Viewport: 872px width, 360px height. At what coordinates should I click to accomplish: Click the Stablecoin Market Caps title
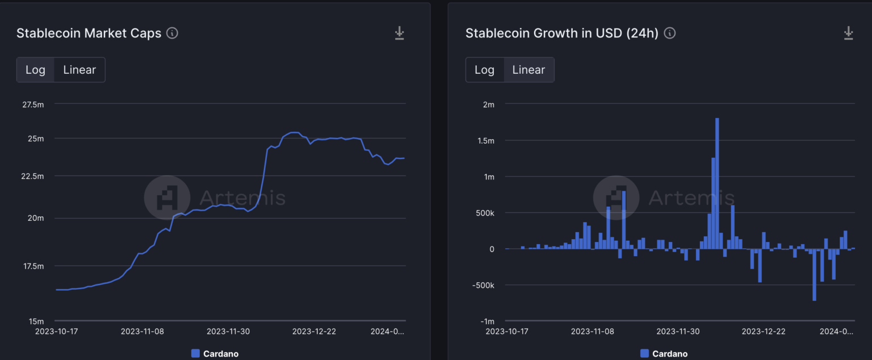[89, 33]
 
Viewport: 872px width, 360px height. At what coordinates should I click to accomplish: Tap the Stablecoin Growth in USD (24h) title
[561, 33]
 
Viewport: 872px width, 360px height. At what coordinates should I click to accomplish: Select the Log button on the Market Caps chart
[35, 70]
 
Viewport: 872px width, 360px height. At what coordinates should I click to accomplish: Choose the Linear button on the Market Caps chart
[79, 70]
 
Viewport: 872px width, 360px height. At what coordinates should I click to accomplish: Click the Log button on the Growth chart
[484, 70]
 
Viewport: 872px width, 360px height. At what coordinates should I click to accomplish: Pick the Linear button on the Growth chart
[529, 70]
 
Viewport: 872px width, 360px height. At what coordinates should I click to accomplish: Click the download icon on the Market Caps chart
[400, 33]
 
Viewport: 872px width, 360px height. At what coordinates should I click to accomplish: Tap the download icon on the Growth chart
[849, 33]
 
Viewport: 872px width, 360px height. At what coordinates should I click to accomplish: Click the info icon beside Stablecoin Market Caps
[172, 33]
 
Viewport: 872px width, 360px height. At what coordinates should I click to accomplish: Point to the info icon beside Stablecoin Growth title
[670, 33]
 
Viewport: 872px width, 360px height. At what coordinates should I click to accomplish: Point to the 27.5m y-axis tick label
[32, 104]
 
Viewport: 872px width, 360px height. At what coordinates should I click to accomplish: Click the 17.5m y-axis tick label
[32, 266]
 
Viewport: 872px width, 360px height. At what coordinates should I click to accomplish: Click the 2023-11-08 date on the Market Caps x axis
[142, 331]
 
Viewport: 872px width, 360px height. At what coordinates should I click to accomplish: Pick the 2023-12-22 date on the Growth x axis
[764, 331]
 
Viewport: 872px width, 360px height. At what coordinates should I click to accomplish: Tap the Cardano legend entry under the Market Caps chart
[215, 354]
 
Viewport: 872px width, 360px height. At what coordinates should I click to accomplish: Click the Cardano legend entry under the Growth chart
[664, 354]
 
